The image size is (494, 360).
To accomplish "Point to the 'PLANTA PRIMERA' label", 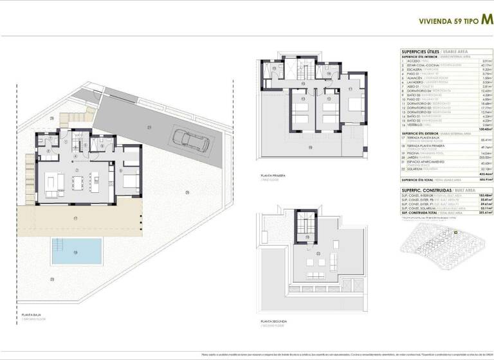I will pyautogui.click(x=273, y=175).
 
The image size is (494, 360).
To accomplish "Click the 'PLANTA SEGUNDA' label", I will pyautogui.click(x=273, y=321).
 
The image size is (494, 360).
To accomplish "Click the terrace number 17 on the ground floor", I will pyautogui.click(x=75, y=219).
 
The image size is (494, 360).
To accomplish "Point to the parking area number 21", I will pyautogui.click(x=148, y=126).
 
